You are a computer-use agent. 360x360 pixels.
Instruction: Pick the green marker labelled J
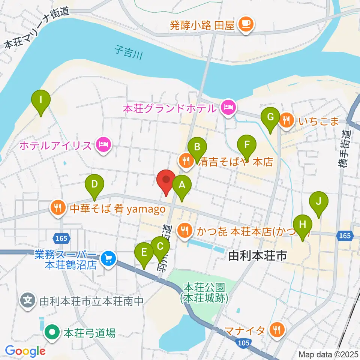(x=318, y=202)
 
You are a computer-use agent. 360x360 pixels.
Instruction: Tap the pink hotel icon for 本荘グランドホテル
(x=228, y=108)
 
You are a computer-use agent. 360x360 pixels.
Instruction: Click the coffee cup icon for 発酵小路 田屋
(x=246, y=25)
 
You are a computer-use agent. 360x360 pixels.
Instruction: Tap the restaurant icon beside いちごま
(x=286, y=120)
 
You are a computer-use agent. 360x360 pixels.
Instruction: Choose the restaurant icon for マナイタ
(x=277, y=330)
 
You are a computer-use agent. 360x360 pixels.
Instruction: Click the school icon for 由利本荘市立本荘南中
(x=28, y=300)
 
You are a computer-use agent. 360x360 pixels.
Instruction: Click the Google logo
(x=25, y=351)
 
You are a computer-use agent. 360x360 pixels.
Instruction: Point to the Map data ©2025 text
(x=328, y=354)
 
